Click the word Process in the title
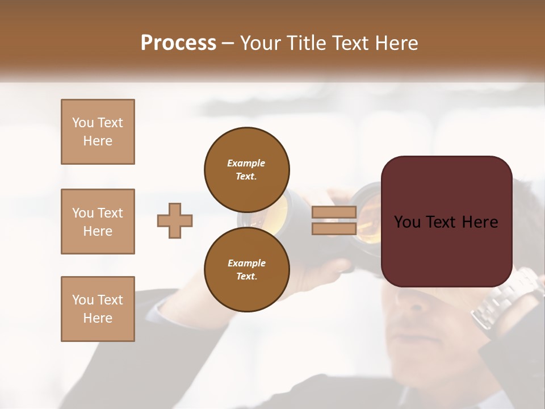click(178, 43)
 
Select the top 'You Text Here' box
click(98, 132)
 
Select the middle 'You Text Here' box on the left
click(98, 222)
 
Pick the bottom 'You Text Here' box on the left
click(98, 309)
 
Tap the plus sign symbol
click(175, 220)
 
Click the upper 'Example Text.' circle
click(246, 169)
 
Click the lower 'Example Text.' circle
click(246, 269)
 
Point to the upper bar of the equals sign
click(334, 212)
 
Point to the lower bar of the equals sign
click(334, 228)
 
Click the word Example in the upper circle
click(246, 163)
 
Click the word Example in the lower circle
click(246, 263)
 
